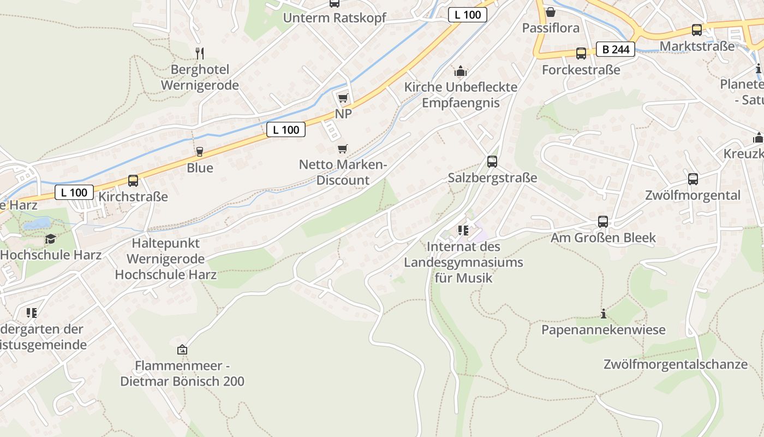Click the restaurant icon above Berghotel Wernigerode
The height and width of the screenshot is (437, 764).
[200, 53]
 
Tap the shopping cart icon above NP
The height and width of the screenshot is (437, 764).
[343, 98]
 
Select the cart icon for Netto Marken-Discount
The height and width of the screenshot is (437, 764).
[343, 149]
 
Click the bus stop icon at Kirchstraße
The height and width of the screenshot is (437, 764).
[133, 180]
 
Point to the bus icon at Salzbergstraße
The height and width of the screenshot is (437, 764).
[492, 161]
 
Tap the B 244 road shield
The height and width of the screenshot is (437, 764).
[616, 50]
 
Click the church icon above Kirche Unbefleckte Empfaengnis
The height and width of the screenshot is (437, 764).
[461, 71]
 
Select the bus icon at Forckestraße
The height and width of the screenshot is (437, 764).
[581, 54]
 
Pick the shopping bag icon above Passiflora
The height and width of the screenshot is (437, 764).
[551, 11]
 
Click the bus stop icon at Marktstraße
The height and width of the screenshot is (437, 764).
[697, 29]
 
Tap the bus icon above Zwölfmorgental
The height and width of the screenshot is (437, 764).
[693, 179]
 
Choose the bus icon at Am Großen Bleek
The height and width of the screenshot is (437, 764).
[603, 221]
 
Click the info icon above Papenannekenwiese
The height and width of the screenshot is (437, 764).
[604, 314]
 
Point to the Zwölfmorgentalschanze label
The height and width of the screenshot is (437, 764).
[675, 364]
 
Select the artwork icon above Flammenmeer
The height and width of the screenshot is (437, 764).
[182, 350]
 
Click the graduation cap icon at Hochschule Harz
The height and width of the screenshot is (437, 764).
[50, 239]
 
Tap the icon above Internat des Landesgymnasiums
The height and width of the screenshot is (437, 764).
[463, 231]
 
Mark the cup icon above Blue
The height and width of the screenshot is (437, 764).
[200, 151]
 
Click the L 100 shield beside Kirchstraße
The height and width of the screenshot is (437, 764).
[74, 192]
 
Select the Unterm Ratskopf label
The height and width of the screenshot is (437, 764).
[335, 17]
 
